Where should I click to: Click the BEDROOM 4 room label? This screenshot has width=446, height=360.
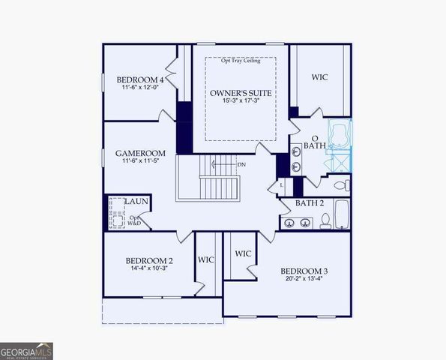(x=140, y=79)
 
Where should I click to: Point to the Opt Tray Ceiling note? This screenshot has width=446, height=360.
(x=241, y=61)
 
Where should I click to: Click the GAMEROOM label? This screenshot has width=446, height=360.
(x=139, y=153)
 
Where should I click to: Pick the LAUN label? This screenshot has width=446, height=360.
(x=136, y=201)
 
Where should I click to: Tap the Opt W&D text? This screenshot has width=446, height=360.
(x=135, y=220)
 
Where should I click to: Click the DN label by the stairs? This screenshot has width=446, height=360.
(x=241, y=164)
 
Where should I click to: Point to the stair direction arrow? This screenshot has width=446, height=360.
(x=221, y=164)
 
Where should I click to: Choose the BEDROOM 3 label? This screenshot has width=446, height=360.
(x=304, y=271)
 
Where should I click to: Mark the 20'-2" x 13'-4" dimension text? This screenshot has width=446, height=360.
(x=304, y=280)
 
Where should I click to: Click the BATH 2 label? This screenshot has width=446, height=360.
(x=309, y=203)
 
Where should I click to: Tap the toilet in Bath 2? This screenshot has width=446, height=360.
(x=327, y=220)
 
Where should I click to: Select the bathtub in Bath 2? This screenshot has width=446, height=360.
(x=342, y=214)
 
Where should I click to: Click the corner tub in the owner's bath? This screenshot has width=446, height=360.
(x=340, y=138)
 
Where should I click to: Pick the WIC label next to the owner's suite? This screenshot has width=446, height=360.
(x=320, y=77)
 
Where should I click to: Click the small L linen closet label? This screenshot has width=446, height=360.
(x=282, y=184)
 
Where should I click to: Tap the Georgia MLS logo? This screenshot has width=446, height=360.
(x=26, y=351)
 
